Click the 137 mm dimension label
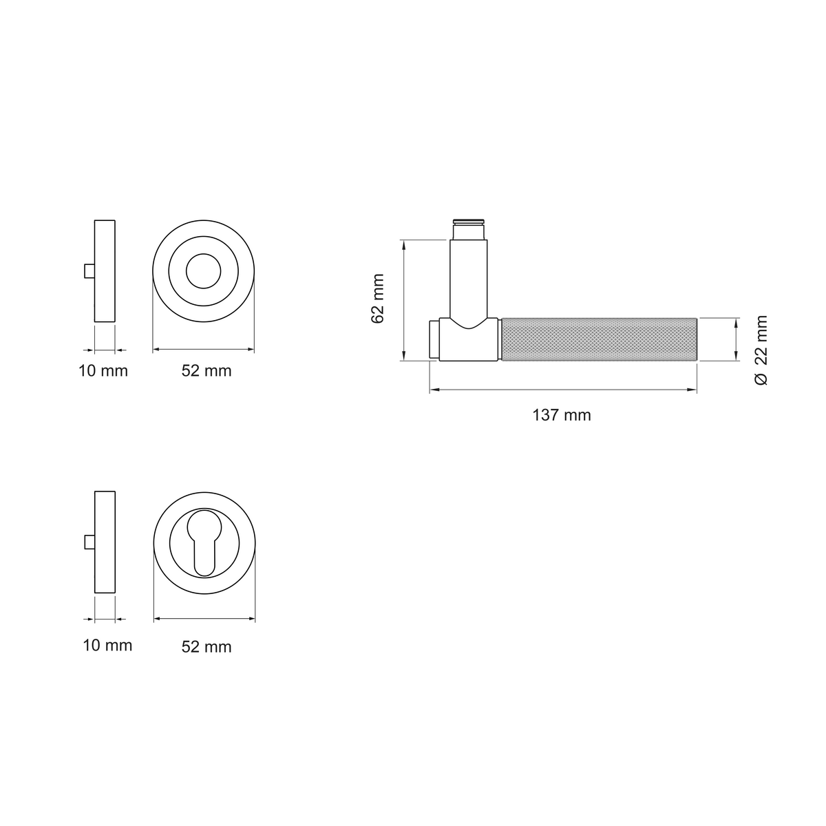[x=561, y=415]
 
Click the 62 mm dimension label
[x=378, y=299]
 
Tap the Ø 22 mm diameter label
[x=761, y=350]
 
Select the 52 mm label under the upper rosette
[x=206, y=371]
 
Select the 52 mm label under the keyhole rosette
[x=206, y=647]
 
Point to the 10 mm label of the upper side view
[x=103, y=371]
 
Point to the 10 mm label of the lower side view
[x=107, y=645]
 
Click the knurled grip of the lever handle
[x=599, y=339]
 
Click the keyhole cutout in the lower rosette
[x=204, y=542]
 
